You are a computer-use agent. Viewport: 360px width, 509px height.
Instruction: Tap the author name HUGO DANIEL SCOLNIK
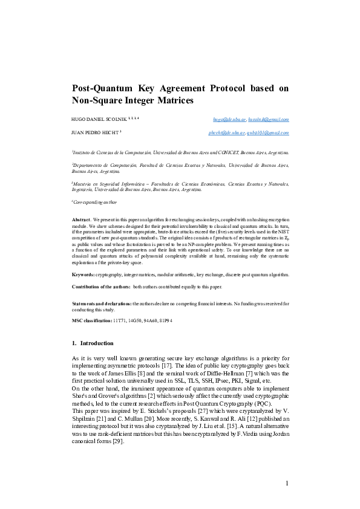[96, 120]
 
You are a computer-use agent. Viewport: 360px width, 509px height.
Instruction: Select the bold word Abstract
[81, 219]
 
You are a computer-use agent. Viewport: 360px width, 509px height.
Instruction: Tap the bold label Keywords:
[83, 274]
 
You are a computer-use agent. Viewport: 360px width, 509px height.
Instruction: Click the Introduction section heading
[96, 343]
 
